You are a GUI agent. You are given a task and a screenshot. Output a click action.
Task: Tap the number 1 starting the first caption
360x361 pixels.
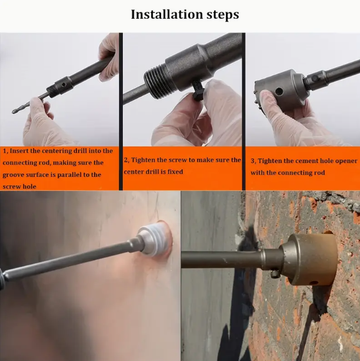point(4,151)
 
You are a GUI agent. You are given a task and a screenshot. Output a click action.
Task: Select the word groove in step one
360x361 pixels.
point(15,175)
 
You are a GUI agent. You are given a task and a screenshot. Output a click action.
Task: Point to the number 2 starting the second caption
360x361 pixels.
point(126,160)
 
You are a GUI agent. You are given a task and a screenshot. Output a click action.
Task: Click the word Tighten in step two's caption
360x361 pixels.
point(145,160)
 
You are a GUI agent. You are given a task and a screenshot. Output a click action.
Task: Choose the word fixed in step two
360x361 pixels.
point(172,172)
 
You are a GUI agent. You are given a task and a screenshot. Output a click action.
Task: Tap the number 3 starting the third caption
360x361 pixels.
point(253,161)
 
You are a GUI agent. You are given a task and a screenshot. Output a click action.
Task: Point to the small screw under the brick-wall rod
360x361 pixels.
point(274,273)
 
